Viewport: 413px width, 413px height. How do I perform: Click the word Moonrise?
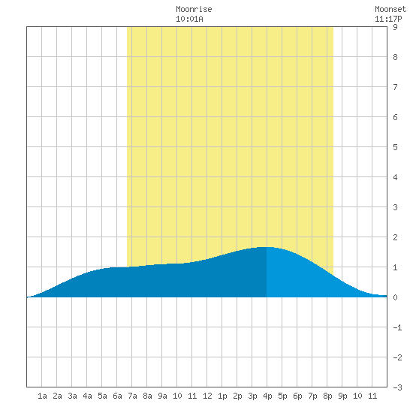tap(194, 9)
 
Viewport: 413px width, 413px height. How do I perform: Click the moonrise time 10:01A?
tap(189, 19)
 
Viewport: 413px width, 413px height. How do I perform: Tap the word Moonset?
tap(390, 9)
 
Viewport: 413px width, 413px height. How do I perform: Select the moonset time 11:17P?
tap(388, 19)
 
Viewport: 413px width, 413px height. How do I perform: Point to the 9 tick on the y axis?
tap(395, 27)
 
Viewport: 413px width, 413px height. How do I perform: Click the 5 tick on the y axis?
tap(395, 147)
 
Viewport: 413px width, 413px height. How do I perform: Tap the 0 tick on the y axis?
tap(395, 297)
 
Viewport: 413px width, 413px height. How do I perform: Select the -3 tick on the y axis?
tap(397, 387)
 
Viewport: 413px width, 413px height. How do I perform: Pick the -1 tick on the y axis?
tap(397, 327)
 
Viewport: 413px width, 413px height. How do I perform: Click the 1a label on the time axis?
tap(42, 396)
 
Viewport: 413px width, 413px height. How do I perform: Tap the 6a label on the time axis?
tap(117, 396)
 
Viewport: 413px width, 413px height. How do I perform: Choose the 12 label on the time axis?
tap(207, 396)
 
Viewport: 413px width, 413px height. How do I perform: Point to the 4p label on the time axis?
tap(267, 396)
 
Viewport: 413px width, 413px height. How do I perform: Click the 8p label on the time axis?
tap(327, 396)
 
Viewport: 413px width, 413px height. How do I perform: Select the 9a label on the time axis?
tap(162, 396)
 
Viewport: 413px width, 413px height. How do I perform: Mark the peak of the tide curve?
tap(266, 247)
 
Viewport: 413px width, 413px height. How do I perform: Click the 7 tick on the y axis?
tap(395, 87)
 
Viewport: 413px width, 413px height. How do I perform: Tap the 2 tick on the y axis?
tap(395, 237)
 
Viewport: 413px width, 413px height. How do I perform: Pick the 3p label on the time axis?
tap(252, 396)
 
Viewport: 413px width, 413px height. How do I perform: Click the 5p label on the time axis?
tap(282, 396)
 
